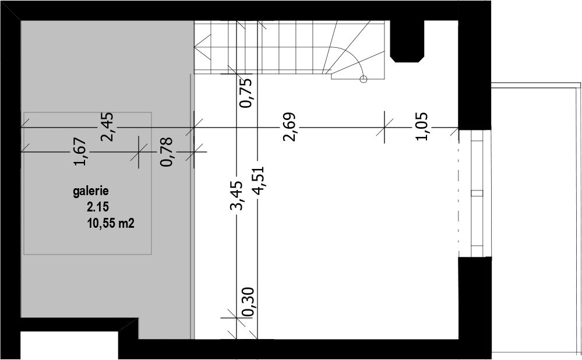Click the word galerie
pyautogui.click(x=90, y=192)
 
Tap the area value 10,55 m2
pyautogui.click(x=111, y=224)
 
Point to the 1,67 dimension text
pyautogui.click(x=80, y=152)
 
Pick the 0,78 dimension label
pyautogui.click(x=166, y=152)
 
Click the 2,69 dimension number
pyautogui.click(x=290, y=127)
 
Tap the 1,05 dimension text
pyautogui.click(x=422, y=127)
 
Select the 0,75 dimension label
pyautogui.click(x=246, y=92)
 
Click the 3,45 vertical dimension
pyautogui.click(x=236, y=196)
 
